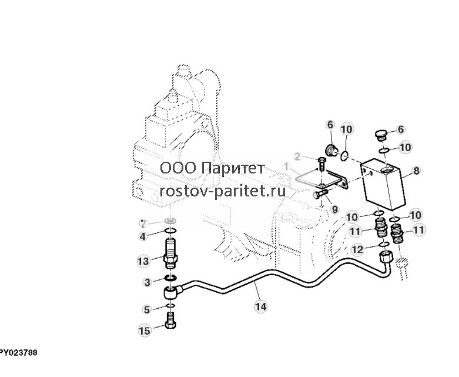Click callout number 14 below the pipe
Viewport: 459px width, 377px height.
click(x=260, y=306)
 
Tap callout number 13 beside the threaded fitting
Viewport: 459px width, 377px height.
click(x=143, y=261)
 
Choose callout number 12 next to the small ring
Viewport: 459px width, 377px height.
click(x=357, y=249)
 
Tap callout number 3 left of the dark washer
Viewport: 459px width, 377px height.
click(x=148, y=282)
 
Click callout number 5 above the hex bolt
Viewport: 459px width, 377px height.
click(x=147, y=309)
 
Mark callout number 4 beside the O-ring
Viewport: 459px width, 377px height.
click(x=143, y=236)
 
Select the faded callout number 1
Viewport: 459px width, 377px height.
click(x=286, y=166)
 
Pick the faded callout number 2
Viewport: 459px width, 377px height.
click(x=297, y=156)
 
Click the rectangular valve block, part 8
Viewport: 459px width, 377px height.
click(x=383, y=184)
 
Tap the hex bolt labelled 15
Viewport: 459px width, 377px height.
click(x=170, y=321)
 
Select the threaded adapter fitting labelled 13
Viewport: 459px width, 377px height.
click(x=171, y=253)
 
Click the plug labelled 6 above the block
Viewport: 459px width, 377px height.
click(x=381, y=135)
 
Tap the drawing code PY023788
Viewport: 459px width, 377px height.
click(x=18, y=353)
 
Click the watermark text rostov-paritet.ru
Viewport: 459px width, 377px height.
click(x=223, y=191)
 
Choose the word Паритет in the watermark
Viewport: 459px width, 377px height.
click(x=233, y=168)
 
